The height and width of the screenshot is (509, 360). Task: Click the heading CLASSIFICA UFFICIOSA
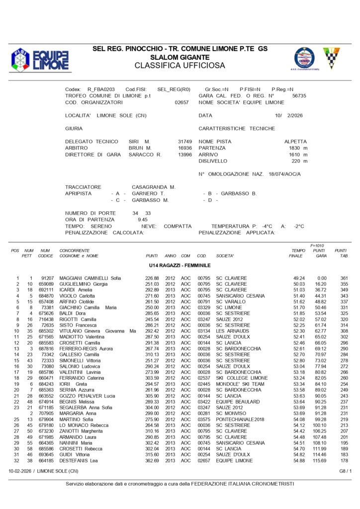pos(180,65)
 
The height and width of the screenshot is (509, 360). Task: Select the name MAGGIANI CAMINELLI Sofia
pos(90,278)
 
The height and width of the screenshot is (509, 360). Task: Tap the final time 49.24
pos(298,278)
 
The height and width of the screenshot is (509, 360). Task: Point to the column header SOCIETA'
pos(225,255)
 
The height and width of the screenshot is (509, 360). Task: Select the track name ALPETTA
pos(295,142)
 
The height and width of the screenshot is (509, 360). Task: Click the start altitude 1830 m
pos(298,148)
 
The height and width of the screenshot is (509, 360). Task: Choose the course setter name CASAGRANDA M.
pos(153,187)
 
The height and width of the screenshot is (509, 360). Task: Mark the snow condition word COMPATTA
pos(178,226)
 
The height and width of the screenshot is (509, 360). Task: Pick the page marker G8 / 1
pos(346,470)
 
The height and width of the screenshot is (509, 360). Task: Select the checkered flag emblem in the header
pos(331,58)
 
